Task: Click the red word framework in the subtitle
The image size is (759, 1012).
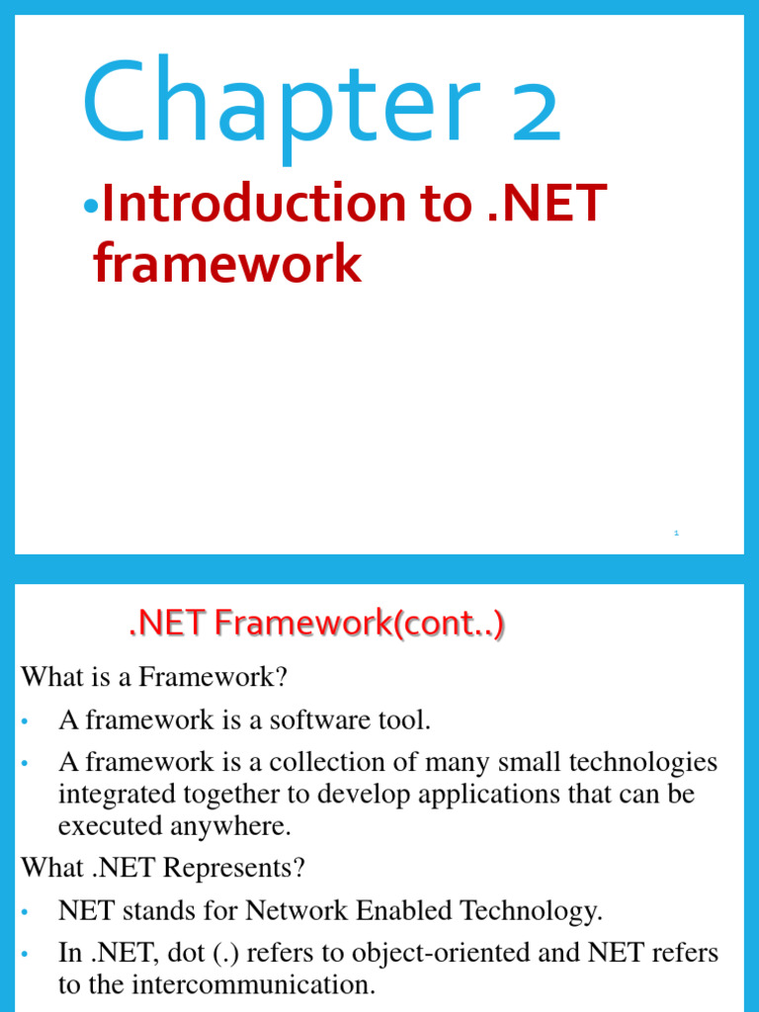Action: tap(227, 264)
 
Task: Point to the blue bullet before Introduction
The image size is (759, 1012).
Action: tap(91, 207)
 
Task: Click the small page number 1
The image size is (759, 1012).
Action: tap(676, 533)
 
